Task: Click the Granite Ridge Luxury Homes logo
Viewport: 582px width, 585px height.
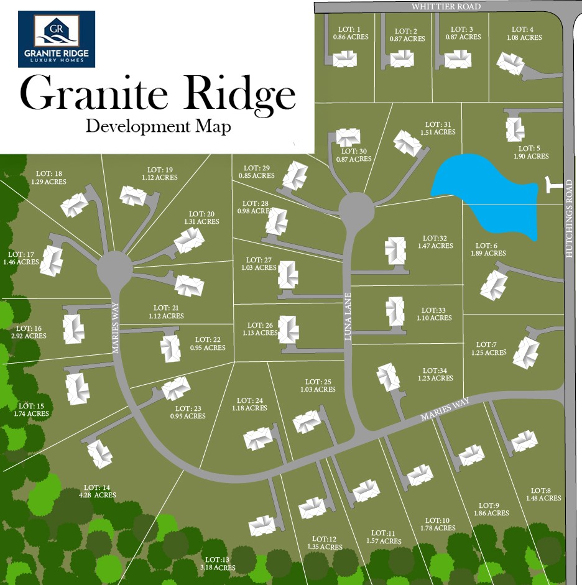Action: pyautogui.click(x=57, y=39)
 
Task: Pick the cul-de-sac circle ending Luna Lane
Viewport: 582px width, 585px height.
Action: pyautogui.click(x=356, y=210)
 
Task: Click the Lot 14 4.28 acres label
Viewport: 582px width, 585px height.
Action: pyautogui.click(x=100, y=491)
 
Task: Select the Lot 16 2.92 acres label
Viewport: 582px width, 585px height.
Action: pyautogui.click(x=29, y=332)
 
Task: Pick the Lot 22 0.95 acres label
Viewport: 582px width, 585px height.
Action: pyautogui.click(x=208, y=344)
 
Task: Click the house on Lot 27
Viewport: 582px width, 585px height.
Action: pyautogui.click(x=287, y=275)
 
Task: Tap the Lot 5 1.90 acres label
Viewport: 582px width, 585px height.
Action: pyautogui.click(x=531, y=152)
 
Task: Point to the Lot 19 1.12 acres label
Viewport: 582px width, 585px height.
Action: pyautogui.click(x=162, y=173)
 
